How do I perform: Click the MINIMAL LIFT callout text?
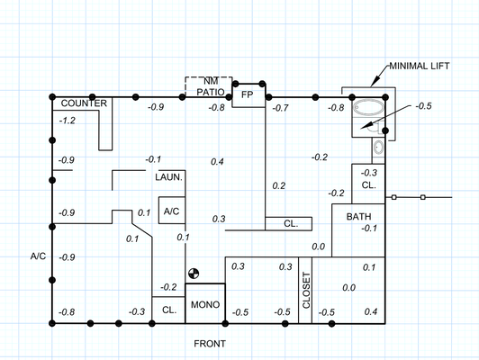pyautogui.click(x=420, y=66)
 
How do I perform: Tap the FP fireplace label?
pyautogui.click(x=247, y=94)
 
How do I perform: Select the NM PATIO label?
pyautogui.click(x=211, y=86)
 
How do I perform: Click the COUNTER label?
pyautogui.click(x=84, y=103)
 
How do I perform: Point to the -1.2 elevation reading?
pyautogui.click(x=68, y=121)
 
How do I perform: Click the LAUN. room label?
pyautogui.click(x=168, y=177)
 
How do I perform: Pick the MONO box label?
pyautogui.click(x=205, y=304)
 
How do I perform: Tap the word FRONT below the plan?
pyautogui.click(x=210, y=344)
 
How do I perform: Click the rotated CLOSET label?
pyautogui.click(x=306, y=291)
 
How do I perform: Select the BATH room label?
pyautogui.click(x=358, y=217)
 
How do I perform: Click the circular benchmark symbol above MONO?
pyautogui.click(x=194, y=274)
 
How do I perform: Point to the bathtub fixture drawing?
pyautogui.click(x=368, y=108)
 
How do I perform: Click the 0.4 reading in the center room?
pyautogui.click(x=217, y=161)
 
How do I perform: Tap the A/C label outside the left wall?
pyautogui.click(x=38, y=256)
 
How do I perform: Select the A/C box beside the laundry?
pyautogui.click(x=172, y=211)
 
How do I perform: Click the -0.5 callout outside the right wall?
pyautogui.click(x=423, y=106)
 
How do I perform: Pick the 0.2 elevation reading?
pyautogui.click(x=278, y=185)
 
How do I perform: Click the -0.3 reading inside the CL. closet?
pyautogui.click(x=369, y=173)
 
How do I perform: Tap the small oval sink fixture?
pyautogui.click(x=378, y=148)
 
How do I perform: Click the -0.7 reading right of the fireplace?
pyautogui.click(x=280, y=108)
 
